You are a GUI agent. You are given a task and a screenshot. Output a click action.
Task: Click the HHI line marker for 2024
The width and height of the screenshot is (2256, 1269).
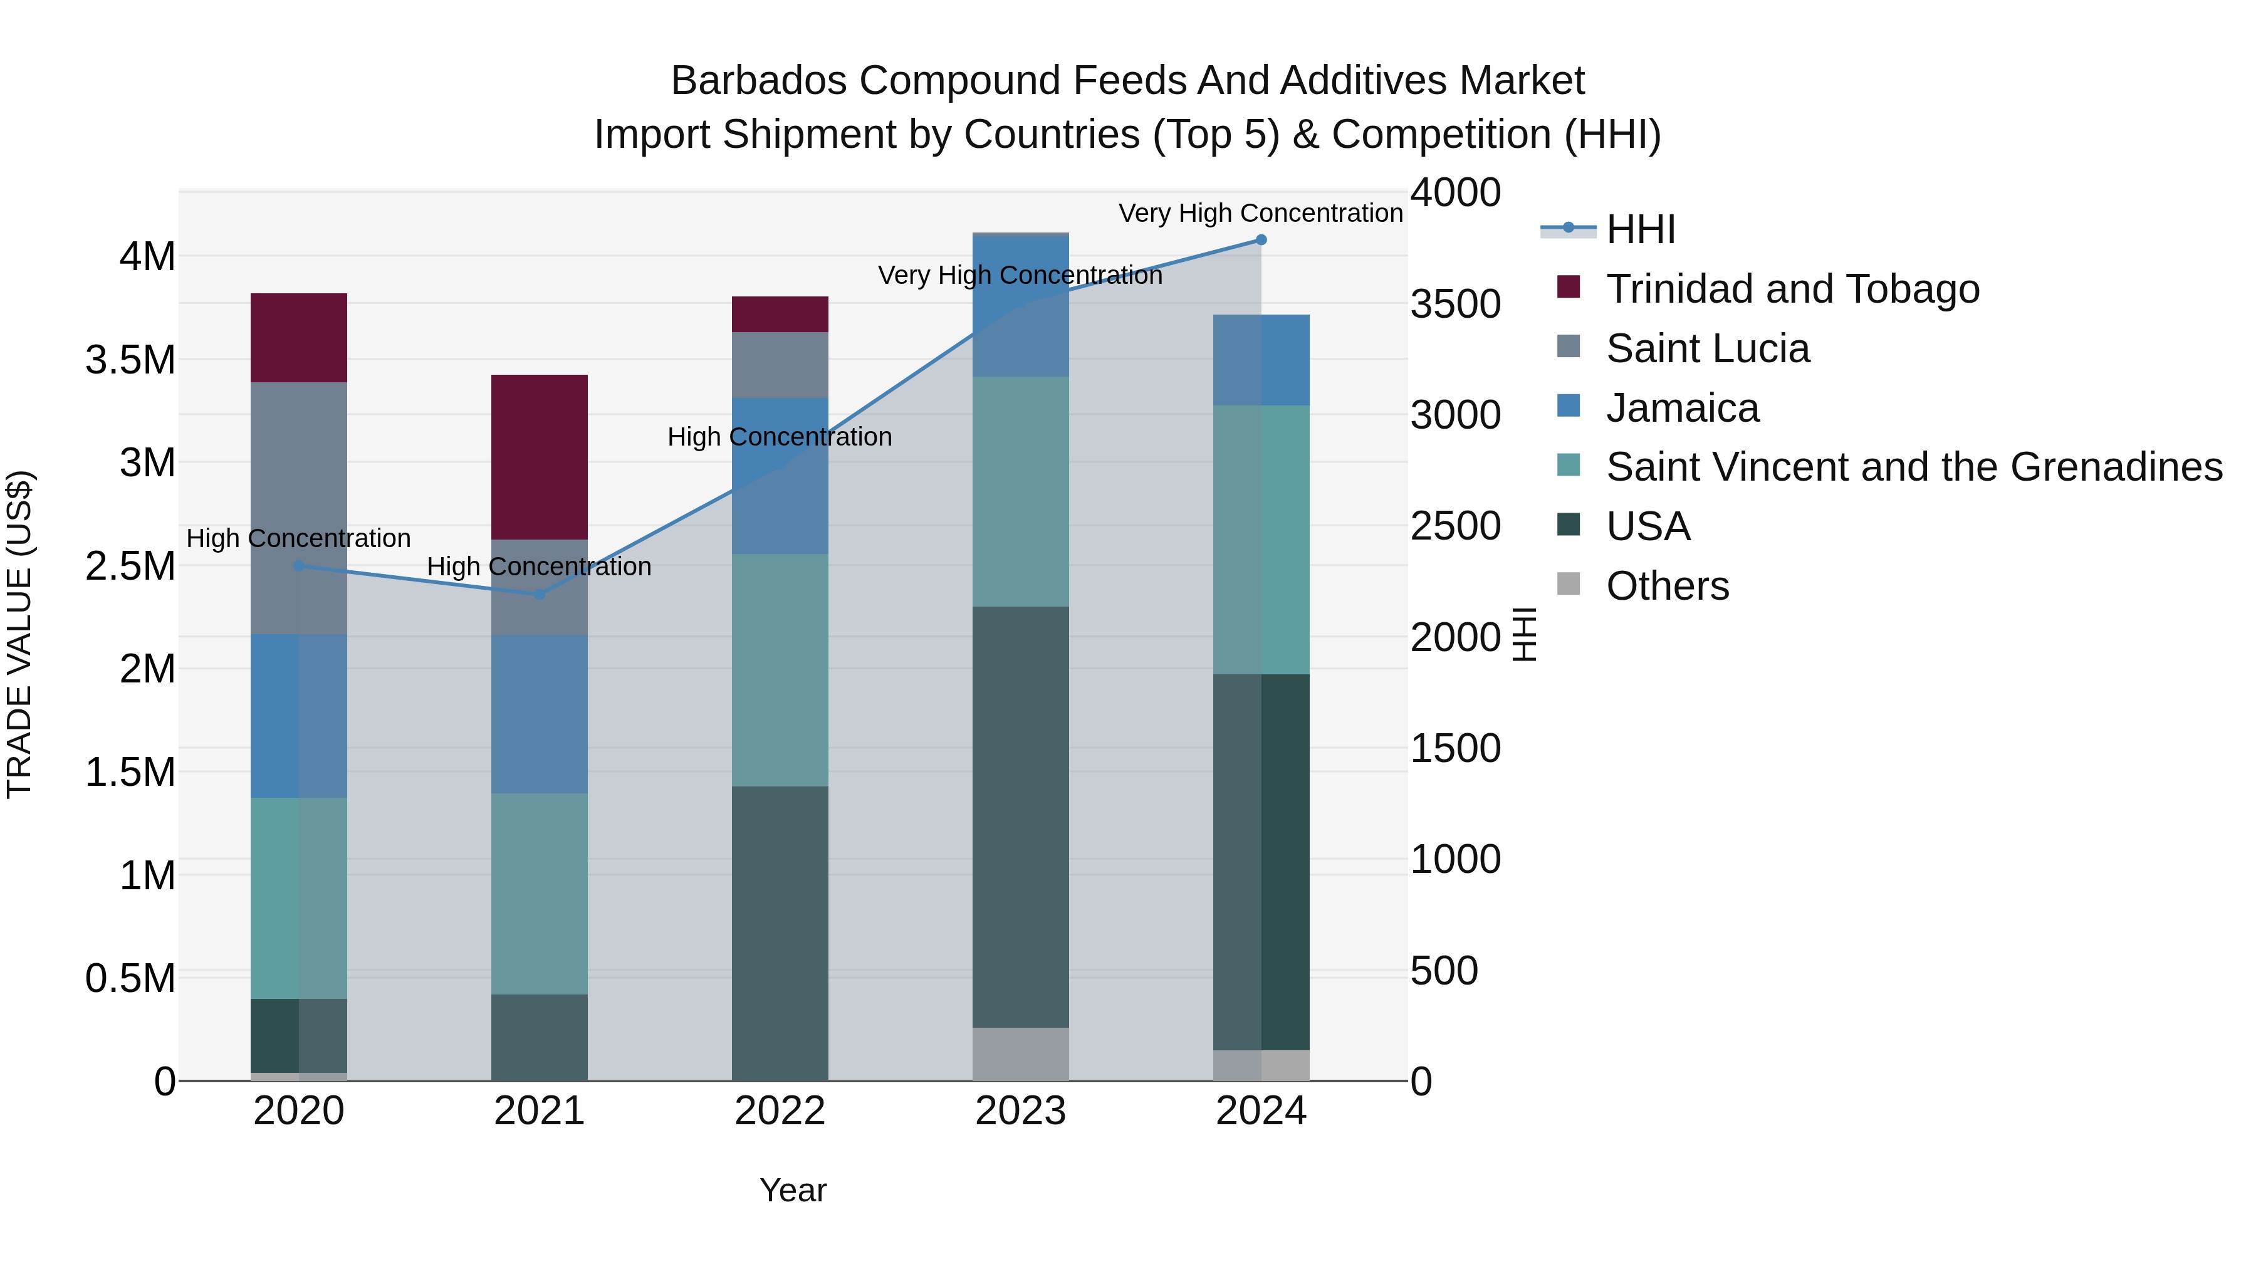[x=1261, y=240]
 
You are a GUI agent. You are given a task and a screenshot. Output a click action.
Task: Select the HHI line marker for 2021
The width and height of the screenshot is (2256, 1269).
[x=540, y=595]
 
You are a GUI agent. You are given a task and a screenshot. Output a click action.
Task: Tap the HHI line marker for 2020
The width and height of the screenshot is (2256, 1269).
[x=299, y=566]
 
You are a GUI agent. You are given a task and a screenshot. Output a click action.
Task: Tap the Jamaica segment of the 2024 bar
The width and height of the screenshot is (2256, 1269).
[x=1261, y=360]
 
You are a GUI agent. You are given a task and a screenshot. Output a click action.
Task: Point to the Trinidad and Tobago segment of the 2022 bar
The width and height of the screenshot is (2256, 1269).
[x=780, y=315]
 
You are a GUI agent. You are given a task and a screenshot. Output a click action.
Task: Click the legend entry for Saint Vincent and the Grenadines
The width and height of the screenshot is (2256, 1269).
[x=1914, y=467]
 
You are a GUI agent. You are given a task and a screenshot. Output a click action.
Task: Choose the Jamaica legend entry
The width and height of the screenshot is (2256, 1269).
[x=1681, y=408]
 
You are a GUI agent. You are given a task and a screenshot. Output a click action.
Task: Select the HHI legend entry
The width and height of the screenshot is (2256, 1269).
[x=1641, y=229]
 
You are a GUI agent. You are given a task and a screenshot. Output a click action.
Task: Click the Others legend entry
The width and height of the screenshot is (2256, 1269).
[x=1666, y=586]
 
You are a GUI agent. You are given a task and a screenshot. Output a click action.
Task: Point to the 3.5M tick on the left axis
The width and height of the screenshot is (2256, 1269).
[x=130, y=360]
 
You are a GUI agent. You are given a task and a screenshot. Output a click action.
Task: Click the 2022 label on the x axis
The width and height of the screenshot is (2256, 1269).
[x=780, y=1111]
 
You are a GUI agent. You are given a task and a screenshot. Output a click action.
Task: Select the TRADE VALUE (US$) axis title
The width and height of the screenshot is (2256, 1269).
[x=19, y=635]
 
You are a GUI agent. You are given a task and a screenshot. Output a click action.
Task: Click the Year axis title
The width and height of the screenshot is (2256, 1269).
[x=793, y=1190]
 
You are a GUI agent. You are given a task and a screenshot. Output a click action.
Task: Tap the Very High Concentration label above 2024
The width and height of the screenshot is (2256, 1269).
[x=1260, y=213]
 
